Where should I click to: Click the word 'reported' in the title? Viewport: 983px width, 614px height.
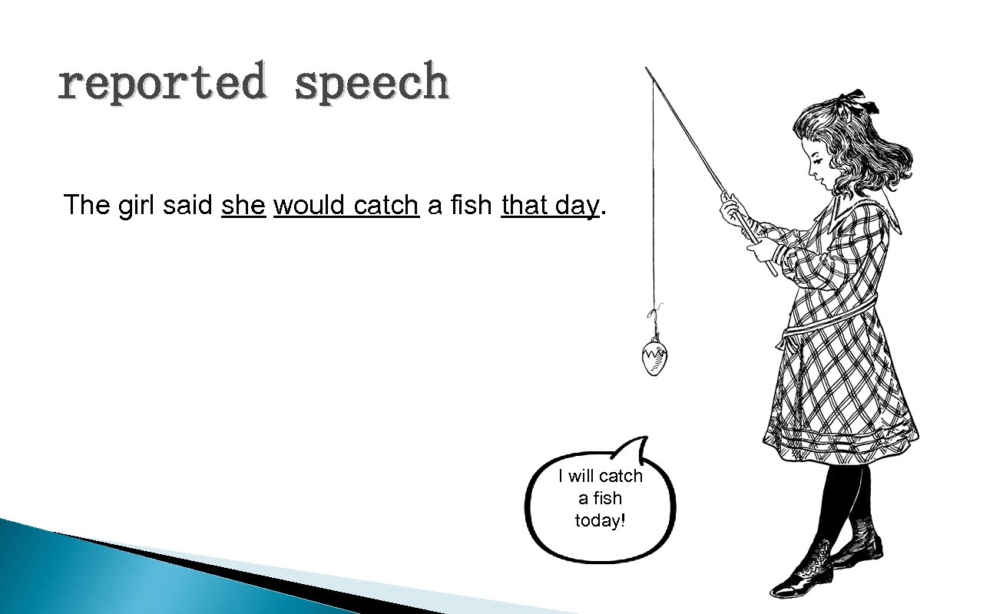pyautogui.click(x=162, y=83)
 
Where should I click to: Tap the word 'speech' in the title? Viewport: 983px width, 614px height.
pyautogui.click(x=372, y=83)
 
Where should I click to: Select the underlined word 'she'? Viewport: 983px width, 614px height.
pyautogui.click(x=243, y=205)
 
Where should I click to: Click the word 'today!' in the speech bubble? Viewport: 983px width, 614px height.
pyautogui.click(x=601, y=520)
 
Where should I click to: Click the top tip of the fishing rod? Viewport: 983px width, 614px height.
pyautogui.click(x=647, y=68)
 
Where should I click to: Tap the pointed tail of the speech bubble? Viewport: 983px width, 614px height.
pyautogui.click(x=642, y=445)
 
